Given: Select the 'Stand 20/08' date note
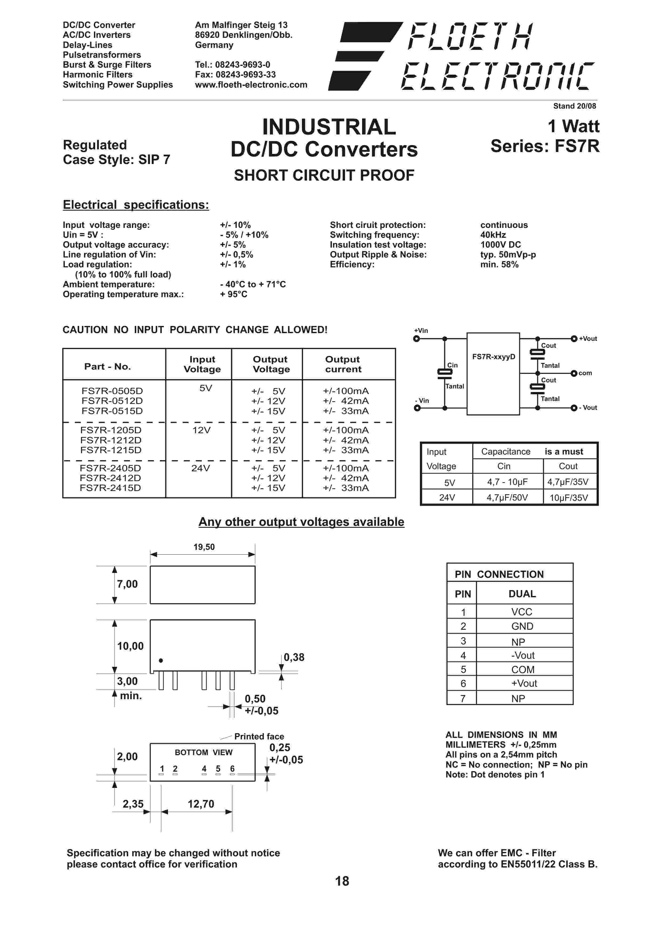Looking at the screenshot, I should (x=574, y=106).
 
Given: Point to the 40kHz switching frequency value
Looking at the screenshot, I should (x=493, y=235).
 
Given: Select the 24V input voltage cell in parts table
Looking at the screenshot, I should (x=200, y=468).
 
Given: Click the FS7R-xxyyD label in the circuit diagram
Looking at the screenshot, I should (x=493, y=357).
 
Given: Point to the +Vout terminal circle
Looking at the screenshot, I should (x=574, y=339).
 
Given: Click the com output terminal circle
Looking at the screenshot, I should (x=574, y=374).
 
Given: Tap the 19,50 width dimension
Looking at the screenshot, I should (x=204, y=547).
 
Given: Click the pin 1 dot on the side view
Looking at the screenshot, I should (x=161, y=660).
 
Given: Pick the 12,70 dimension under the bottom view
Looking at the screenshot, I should (x=201, y=804).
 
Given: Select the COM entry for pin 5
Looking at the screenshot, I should (x=523, y=669).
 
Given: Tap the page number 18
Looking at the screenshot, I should (x=342, y=881).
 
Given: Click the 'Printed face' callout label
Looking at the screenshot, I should (x=259, y=736).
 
